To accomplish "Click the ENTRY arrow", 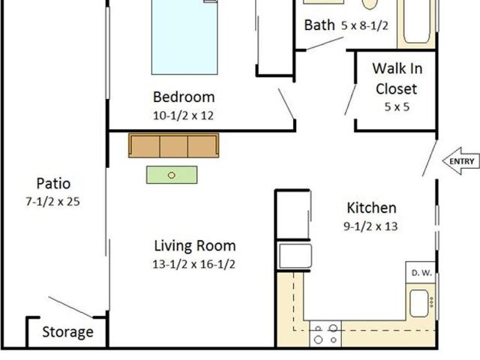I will tap(460, 161).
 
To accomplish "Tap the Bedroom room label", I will tap(184, 97).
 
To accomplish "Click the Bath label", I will tap(319, 25).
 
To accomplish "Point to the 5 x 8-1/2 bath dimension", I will tap(364, 25).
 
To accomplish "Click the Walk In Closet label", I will tap(397, 79).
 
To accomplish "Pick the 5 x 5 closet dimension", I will tap(397, 106).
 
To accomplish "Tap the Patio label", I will tap(53, 183).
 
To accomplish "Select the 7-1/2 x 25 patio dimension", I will tap(52, 201).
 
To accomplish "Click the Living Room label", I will tap(195, 245).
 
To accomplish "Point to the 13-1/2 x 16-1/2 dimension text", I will tap(195, 263).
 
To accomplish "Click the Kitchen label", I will tap(371, 208).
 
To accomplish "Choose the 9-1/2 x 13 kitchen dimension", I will tap(371, 226).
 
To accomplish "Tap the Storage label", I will tap(67, 332).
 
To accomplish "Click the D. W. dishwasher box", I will tap(421, 273).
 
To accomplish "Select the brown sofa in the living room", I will tap(173, 145).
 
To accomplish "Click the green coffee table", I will tap(172, 175).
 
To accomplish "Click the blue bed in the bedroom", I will tap(184, 37).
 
